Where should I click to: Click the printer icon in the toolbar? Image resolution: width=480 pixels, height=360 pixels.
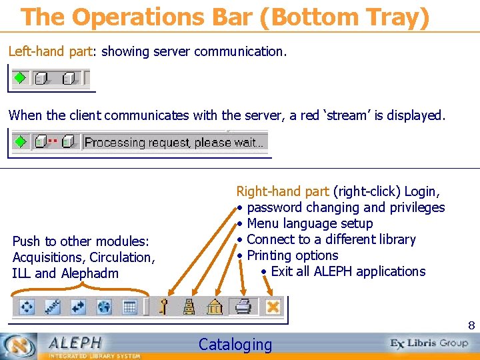(x=243, y=307)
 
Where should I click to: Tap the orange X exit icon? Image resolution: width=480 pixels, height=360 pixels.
(x=273, y=307)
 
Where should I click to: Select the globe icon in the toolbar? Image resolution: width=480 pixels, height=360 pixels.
(x=104, y=307)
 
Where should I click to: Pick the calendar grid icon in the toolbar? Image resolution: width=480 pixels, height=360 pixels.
(x=130, y=307)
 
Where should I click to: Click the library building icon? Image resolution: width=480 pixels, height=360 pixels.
(x=215, y=307)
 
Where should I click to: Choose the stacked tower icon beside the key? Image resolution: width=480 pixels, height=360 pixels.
(x=189, y=307)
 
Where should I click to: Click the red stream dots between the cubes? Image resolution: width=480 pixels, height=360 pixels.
(x=52, y=141)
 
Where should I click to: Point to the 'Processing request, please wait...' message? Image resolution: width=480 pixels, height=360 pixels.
(x=174, y=142)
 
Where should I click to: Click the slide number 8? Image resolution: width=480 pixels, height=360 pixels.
(x=471, y=326)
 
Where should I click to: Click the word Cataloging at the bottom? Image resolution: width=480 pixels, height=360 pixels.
(x=235, y=345)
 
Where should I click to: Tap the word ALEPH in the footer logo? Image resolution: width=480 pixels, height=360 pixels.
(x=74, y=343)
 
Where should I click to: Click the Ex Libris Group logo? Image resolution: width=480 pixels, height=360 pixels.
(x=429, y=343)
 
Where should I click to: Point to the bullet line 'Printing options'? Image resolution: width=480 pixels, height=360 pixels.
(x=292, y=255)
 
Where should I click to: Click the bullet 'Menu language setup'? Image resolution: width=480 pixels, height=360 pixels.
(x=309, y=223)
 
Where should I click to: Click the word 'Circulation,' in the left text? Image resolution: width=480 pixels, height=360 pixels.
(x=122, y=257)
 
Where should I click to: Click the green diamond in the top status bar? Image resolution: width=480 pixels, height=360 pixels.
(x=21, y=78)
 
